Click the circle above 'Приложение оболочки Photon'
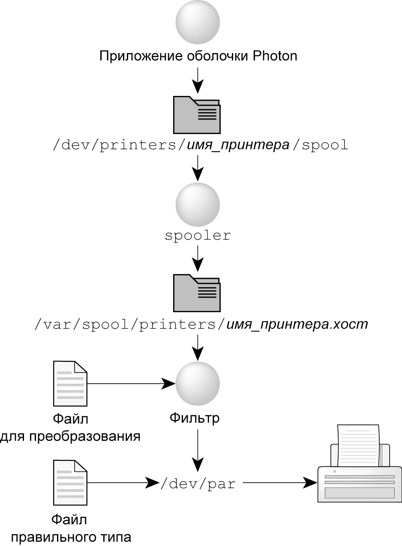pos(198,22)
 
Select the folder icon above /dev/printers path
pos(197,115)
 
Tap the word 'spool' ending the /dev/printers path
pos(324,145)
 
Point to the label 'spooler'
pos(198,235)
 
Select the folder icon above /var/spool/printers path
pos(197,293)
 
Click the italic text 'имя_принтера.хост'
pos(297,324)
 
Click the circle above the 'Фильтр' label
pos(198,383)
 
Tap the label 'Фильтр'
pos(195,418)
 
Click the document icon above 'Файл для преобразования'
pos(70,384)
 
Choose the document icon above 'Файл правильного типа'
pos(70,483)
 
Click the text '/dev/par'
pos(198,484)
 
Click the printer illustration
pos(359,471)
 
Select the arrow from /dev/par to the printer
pos(279,483)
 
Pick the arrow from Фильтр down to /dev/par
pos(198,450)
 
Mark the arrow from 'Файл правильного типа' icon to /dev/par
pos(122,483)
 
